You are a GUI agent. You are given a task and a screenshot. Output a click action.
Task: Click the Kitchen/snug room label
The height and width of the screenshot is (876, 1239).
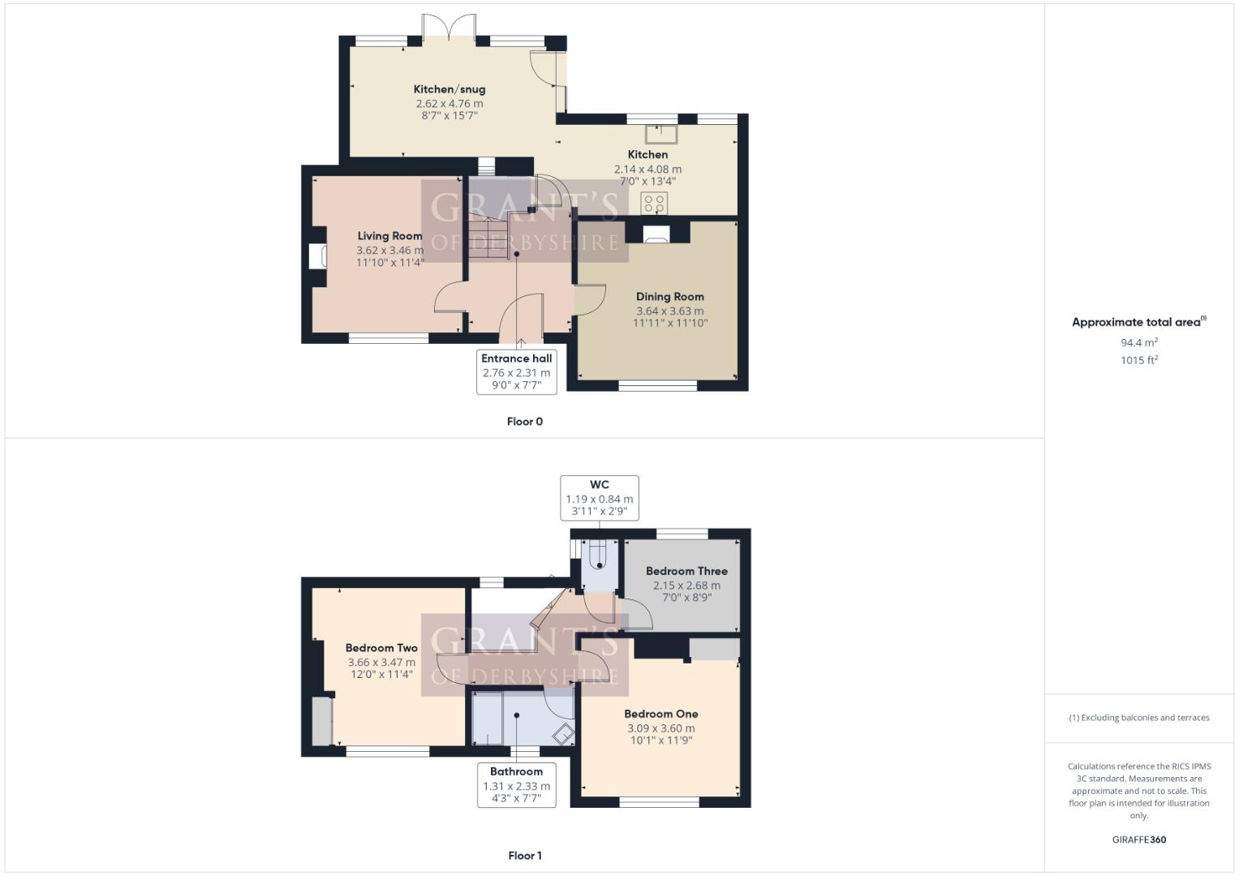pos(449,89)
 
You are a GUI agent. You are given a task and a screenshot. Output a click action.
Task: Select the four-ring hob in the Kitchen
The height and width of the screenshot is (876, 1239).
pos(654,203)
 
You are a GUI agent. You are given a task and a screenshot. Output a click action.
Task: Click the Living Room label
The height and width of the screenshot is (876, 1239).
pos(389,236)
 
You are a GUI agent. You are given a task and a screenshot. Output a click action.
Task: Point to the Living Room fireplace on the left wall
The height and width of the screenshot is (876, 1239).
pos(316,256)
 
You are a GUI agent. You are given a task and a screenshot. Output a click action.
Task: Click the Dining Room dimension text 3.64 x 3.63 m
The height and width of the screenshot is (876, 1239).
pos(669,311)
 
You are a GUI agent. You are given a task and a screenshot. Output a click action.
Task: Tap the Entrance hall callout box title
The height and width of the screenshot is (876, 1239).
pos(516,359)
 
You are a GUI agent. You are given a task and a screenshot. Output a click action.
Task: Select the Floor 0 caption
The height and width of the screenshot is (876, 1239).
pos(524,422)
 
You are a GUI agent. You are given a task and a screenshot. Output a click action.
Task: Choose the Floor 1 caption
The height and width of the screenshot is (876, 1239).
pos(524,856)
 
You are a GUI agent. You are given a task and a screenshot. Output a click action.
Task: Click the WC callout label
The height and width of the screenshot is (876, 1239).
pos(599,485)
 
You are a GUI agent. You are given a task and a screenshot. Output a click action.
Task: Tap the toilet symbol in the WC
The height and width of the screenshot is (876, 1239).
pos(598,556)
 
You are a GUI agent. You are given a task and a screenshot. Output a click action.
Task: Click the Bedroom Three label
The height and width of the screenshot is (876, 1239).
pos(686,571)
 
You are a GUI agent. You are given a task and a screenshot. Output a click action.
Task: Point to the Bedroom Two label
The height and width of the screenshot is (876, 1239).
pos(381,648)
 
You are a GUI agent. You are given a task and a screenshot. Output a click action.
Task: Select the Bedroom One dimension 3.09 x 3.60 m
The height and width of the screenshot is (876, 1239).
pos(660,728)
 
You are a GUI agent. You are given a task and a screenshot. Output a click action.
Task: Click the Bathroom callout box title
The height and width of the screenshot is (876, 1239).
pos(516,771)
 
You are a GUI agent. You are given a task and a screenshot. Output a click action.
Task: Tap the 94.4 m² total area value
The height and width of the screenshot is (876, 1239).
pos(1138,343)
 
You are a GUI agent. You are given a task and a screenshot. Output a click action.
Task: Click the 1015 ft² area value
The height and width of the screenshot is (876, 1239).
pos(1138,360)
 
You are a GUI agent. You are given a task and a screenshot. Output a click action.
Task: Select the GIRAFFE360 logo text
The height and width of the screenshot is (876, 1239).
pos(1138,839)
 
